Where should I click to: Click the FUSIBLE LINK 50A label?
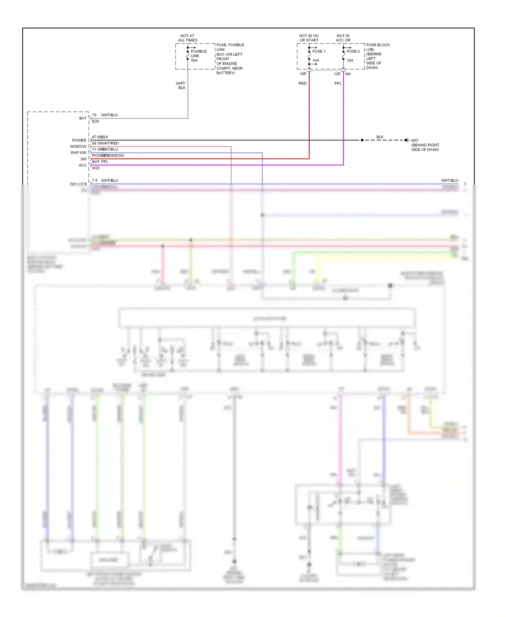198,56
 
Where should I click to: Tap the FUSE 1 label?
318,51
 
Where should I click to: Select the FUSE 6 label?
353,51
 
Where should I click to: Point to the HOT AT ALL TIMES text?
188,38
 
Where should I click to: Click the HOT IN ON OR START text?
309,38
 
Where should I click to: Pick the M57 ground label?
415,140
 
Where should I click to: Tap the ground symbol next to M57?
407,140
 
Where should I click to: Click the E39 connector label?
95,121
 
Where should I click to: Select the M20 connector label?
96,168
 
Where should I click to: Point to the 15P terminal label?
303,74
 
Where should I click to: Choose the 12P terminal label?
337,74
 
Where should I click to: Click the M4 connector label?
348,74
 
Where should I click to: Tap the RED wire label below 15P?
303,83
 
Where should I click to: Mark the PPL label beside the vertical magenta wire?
338,83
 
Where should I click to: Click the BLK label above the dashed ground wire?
380,137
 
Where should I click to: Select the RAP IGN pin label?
79,153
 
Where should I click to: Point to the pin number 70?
94,115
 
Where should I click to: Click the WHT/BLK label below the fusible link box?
181,85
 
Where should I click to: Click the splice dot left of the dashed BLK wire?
362,140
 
